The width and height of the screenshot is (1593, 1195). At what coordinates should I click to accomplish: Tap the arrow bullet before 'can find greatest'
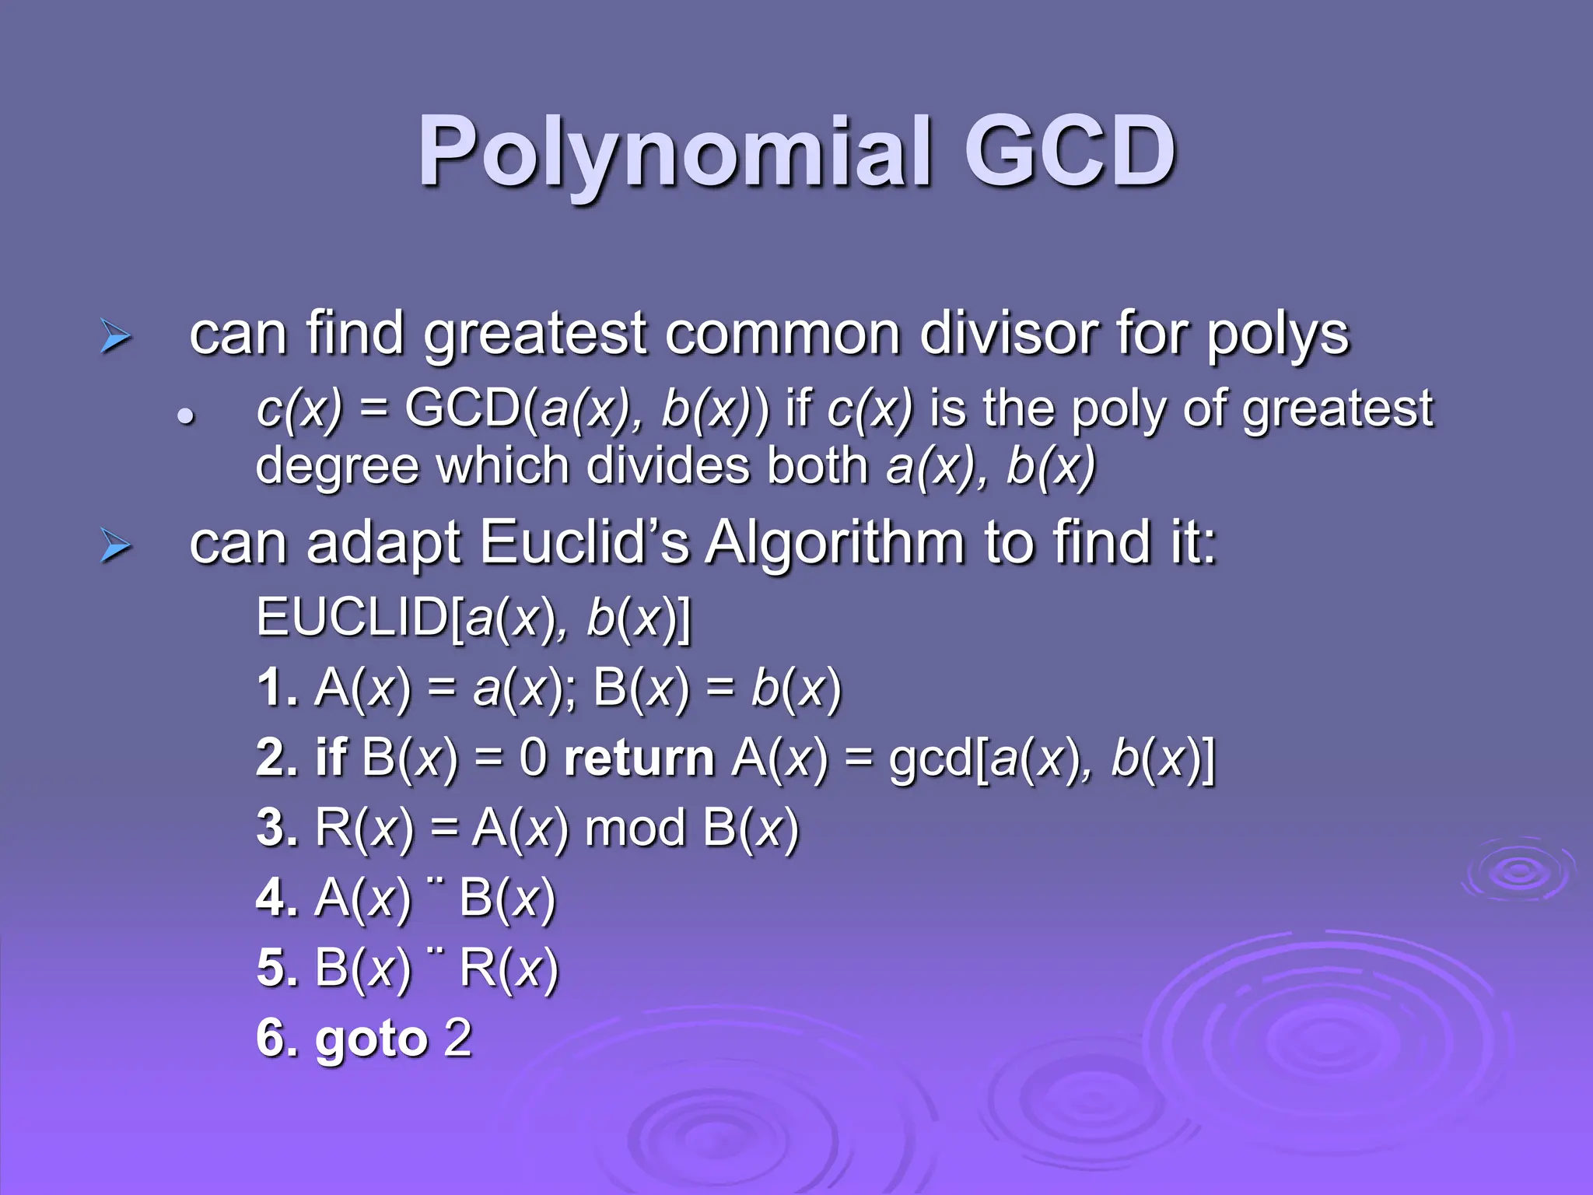click(x=115, y=338)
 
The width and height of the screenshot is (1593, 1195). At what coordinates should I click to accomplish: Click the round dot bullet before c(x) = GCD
click(x=184, y=416)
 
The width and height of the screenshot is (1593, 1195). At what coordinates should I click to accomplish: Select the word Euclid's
click(x=584, y=542)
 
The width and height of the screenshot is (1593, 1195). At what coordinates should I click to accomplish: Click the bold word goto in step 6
click(x=371, y=1039)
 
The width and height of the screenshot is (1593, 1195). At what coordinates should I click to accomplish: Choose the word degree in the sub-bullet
click(x=338, y=467)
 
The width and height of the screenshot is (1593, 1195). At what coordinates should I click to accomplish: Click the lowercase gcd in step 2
click(x=930, y=759)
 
